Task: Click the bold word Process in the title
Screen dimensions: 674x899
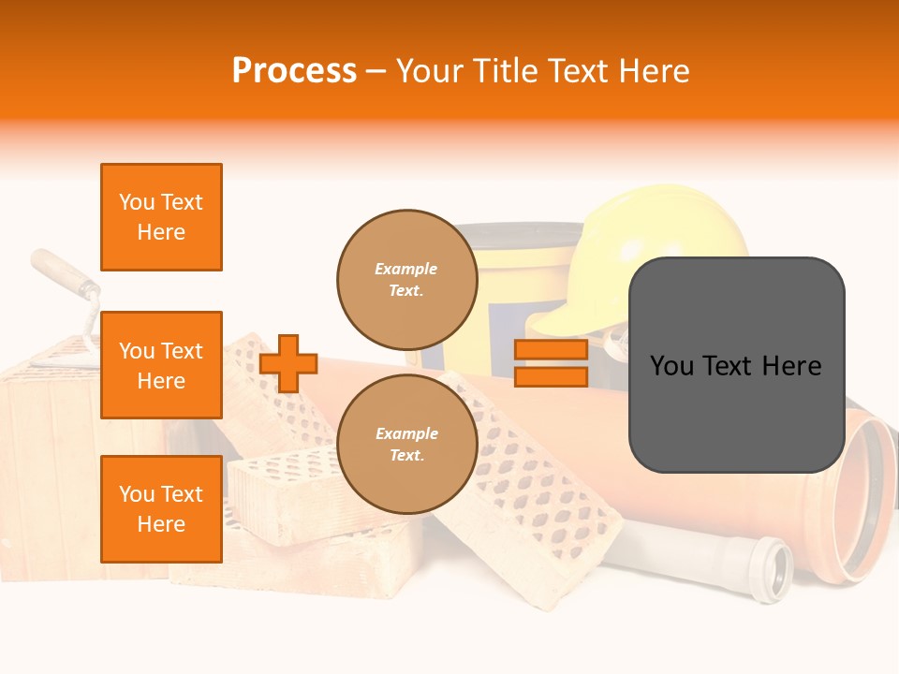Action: [x=294, y=70]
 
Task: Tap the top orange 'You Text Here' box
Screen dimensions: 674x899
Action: [x=161, y=217]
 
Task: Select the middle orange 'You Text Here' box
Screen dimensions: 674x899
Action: [x=161, y=365]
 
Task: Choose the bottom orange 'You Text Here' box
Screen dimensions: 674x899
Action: [x=161, y=508]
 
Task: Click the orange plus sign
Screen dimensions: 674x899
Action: [x=288, y=363]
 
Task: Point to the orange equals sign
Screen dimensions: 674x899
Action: [x=551, y=363]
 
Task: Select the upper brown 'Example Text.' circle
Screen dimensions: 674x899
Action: [x=406, y=279]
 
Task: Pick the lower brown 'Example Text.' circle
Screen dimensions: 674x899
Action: [x=406, y=444]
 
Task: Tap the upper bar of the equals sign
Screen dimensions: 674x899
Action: [x=551, y=350]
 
